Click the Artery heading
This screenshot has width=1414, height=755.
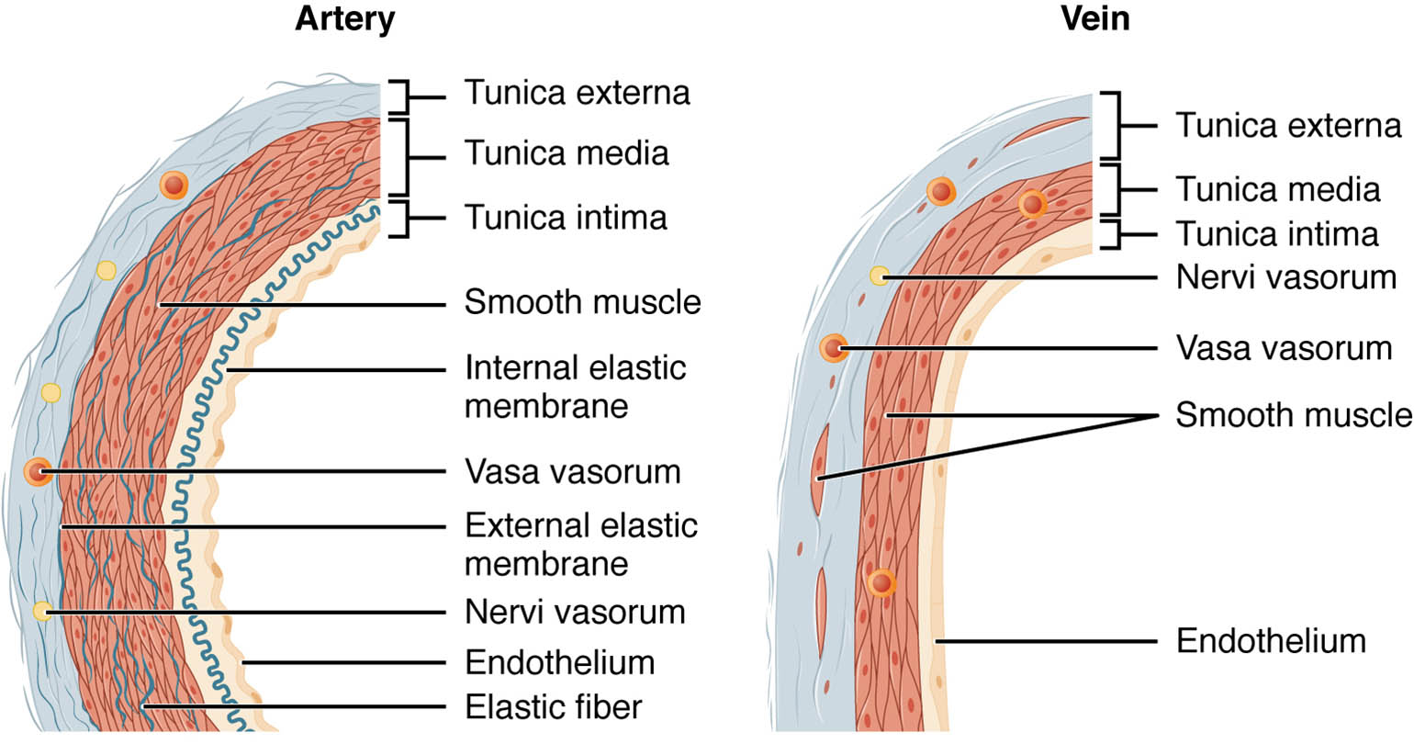344,19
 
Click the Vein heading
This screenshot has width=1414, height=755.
1094,19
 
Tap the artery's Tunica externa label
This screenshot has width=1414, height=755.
577,93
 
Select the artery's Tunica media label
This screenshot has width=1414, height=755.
567,153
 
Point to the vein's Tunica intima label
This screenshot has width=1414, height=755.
1277,234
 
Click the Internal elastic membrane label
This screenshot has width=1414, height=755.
575,387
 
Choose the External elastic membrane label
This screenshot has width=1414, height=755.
580,544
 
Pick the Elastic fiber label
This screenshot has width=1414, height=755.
553,707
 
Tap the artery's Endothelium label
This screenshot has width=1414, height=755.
559,662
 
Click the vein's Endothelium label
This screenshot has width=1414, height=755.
1271,641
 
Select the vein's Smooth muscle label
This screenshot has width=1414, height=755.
1293,415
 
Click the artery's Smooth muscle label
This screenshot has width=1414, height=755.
582,302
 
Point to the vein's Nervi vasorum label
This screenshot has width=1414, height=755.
1285,277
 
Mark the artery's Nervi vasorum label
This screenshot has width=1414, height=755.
575,612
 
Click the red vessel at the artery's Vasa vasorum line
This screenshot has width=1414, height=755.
38,472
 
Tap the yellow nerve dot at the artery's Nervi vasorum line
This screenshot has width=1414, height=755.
42,611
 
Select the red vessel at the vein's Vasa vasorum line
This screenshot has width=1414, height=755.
833,348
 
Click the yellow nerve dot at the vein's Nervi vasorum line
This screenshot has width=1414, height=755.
880,276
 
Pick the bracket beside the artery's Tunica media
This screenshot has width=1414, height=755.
402,157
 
